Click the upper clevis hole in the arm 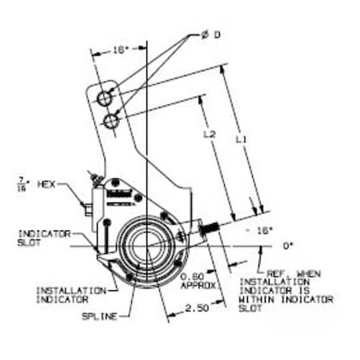coord(104,98)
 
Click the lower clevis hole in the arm coord(112,120)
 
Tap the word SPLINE coord(98,317)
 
